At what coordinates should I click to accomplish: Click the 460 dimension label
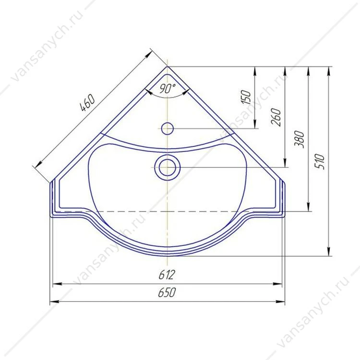[87, 102]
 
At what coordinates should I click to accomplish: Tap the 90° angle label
[168, 88]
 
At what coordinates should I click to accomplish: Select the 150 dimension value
[246, 97]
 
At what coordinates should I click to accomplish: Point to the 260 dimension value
[276, 117]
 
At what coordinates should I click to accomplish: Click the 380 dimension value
[299, 139]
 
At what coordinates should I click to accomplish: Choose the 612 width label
[167, 275]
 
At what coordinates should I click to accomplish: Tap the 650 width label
[167, 292]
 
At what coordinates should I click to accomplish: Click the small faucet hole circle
[168, 128]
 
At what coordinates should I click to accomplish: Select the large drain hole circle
[168, 168]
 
